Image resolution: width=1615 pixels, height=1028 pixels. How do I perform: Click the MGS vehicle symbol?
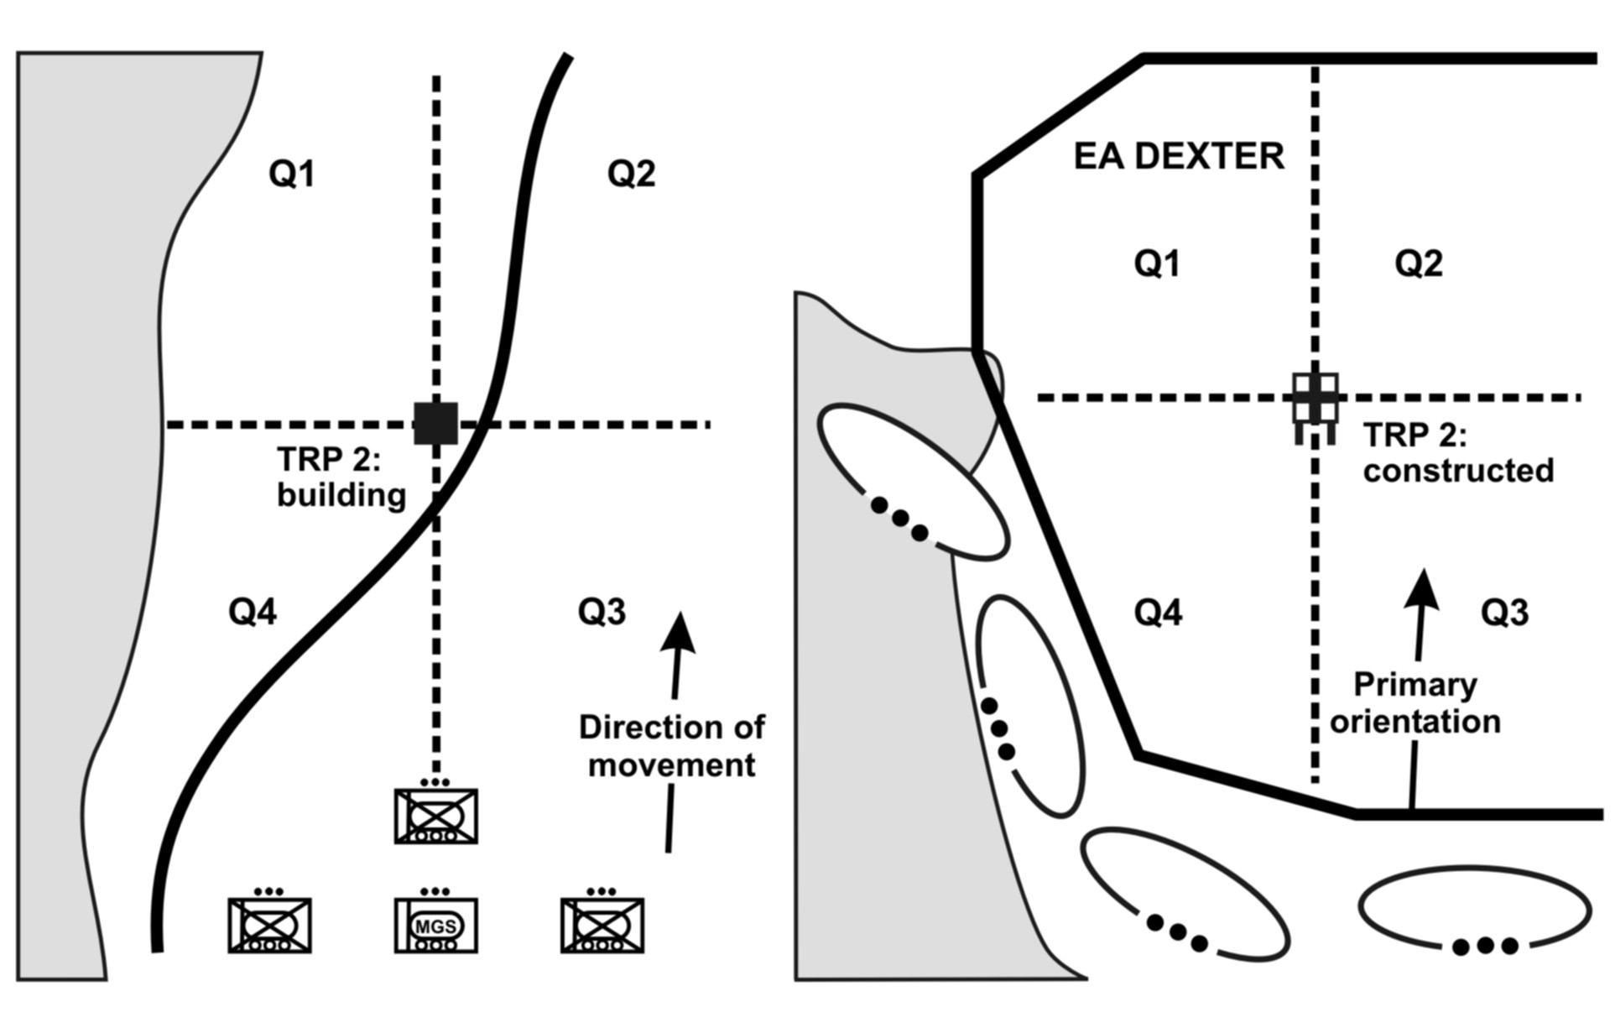[436, 926]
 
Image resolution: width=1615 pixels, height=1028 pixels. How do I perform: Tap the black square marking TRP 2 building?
[436, 423]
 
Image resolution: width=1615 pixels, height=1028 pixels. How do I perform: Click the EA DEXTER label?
[1179, 157]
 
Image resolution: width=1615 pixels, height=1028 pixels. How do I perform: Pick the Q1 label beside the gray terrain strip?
[291, 174]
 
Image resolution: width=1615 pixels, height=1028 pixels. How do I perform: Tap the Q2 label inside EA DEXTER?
[1419, 264]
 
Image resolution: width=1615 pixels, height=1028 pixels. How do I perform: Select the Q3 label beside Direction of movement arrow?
[602, 612]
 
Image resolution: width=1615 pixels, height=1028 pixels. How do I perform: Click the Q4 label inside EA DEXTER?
[1158, 613]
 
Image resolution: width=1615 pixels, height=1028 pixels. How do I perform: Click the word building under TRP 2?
[341, 495]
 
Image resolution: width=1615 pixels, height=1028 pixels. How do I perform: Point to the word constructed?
[1458, 470]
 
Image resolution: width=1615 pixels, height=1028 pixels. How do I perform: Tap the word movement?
[671, 764]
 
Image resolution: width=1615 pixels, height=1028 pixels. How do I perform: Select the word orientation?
[1415, 721]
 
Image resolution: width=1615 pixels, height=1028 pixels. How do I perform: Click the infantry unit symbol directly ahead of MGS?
[436, 816]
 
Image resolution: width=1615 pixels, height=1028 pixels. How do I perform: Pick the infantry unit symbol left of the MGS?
[270, 926]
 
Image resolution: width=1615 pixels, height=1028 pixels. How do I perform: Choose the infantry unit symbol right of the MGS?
[602, 926]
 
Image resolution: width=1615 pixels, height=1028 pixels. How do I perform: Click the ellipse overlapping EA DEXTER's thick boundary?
[911, 483]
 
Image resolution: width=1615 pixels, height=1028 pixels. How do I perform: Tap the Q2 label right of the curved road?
[631, 174]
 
